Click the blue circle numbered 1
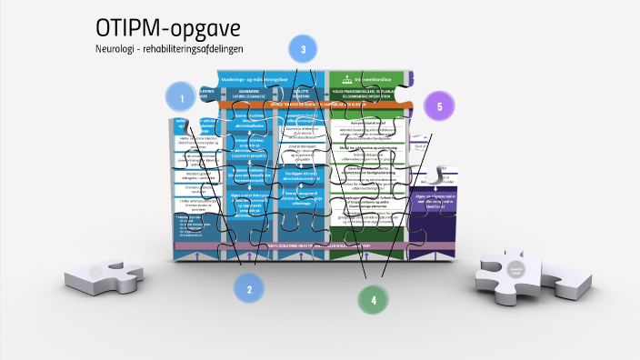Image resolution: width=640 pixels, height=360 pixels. pyautogui.click(x=181, y=97)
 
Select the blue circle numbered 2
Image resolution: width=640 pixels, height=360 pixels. pyautogui.click(x=247, y=288)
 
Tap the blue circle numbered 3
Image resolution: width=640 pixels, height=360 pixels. pyautogui.click(x=303, y=49)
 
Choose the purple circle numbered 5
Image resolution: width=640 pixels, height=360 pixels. pyautogui.click(x=439, y=106)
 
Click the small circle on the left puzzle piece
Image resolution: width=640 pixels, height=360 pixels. pyautogui.click(x=95, y=271)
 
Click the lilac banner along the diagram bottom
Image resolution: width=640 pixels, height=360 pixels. pyautogui.click(x=300, y=245)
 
